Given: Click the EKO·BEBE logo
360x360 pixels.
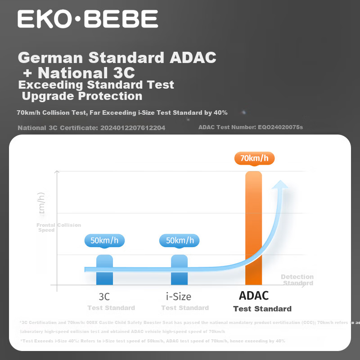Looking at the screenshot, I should tap(88, 19).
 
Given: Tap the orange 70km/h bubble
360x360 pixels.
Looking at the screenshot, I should tap(254, 158).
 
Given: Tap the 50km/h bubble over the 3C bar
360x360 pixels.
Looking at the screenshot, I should tap(104, 240).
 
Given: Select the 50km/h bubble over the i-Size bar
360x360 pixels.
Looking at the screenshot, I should tap(179, 240).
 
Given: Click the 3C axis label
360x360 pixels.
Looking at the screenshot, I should tap(104, 297).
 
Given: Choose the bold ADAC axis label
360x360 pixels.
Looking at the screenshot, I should tap(254, 296).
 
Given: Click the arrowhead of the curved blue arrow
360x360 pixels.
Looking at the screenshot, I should tap(282, 185).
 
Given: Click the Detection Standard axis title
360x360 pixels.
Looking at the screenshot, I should tap(297, 280).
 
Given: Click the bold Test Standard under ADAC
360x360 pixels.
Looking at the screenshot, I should tap(262, 309).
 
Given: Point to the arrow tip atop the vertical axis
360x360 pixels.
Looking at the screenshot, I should tap(57, 171).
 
